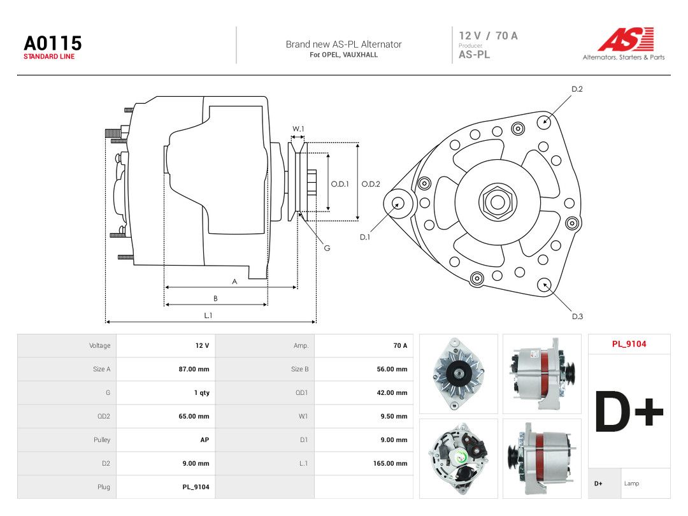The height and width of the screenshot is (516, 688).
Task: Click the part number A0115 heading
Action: (53, 43)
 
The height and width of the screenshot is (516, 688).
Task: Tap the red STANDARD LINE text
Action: (49, 57)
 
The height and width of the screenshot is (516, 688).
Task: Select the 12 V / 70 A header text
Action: (488, 36)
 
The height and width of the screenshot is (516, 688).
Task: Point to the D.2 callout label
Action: (577, 89)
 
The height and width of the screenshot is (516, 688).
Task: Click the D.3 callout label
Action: (577, 317)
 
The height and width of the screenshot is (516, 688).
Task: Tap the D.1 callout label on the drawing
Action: (364, 237)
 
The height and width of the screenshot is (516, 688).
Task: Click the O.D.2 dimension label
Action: (370, 184)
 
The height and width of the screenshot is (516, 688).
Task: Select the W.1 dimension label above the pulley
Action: (298, 129)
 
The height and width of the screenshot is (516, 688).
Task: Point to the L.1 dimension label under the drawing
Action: (208, 315)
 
